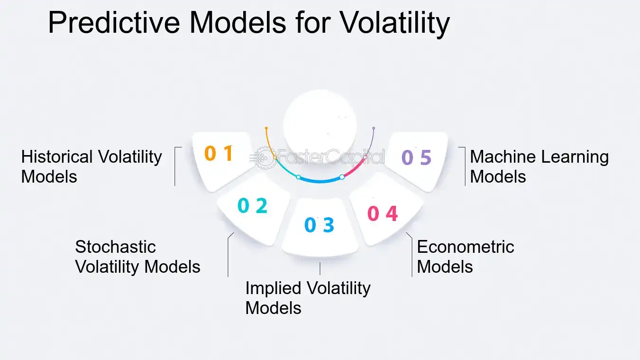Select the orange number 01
[x=219, y=153]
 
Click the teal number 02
[x=252, y=205]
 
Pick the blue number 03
[x=319, y=225]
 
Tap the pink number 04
[x=383, y=214]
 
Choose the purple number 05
[x=416, y=157]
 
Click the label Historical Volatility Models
[x=91, y=166]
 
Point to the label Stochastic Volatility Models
[x=137, y=257]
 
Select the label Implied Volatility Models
[x=308, y=298]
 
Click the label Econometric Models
[x=465, y=257]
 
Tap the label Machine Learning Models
[x=539, y=166]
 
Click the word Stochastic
[x=115, y=247]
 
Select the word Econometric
[x=465, y=247]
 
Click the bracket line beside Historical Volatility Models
[x=175, y=166]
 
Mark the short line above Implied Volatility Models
[x=320, y=268]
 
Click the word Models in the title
[x=238, y=23]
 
